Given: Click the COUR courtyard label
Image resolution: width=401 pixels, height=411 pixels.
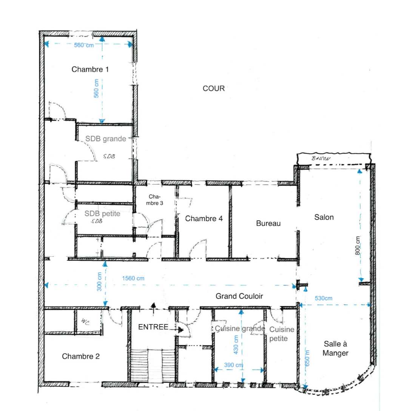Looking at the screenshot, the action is pyautogui.click(x=214, y=89).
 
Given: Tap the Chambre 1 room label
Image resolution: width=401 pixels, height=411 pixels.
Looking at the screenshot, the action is pyautogui.click(x=90, y=70).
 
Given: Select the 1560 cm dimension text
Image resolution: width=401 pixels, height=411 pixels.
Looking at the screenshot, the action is pyautogui.click(x=133, y=278).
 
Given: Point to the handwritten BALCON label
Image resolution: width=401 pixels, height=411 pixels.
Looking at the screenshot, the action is pyautogui.click(x=321, y=158).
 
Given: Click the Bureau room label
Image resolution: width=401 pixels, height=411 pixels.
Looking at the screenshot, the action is pyautogui.click(x=268, y=223).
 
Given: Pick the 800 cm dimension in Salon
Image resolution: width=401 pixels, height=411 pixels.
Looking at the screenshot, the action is pyautogui.click(x=358, y=246).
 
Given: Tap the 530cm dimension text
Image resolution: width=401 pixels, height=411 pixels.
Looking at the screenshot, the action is pyautogui.click(x=324, y=298).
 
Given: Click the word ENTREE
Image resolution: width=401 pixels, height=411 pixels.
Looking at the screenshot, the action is pyautogui.click(x=153, y=327).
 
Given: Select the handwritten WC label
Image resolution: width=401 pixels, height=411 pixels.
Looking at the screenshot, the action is pyautogui.click(x=85, y=321).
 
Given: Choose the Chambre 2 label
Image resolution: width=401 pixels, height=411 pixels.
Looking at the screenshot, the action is pyautogui.click(x=81, y=357).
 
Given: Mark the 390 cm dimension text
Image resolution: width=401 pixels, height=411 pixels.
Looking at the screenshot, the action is pyautogui.click(x=234, y=365).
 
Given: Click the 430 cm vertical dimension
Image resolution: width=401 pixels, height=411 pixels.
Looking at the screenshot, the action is pyautogui.click(x=236, y=345).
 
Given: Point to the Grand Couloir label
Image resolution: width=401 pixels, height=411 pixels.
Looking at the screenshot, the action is pyautogui.click(x=239, y=296).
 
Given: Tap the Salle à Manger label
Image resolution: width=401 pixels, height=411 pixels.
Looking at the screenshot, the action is pyautogui.click(x=336, y=348).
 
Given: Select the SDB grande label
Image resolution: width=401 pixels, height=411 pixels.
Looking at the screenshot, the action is pyautogui.click(x=106, y=139).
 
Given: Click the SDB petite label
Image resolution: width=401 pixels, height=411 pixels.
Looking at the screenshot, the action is pyautogui.click(x=102, y=214).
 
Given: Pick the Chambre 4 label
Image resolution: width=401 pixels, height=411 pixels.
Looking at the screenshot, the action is pyautogui.click(x=204, y=219).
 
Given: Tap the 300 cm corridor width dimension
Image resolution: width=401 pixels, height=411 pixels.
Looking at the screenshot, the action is pyautogui.click(x=99, y=282).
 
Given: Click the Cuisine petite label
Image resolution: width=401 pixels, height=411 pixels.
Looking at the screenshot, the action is pyautogui.click(x=282, y=334).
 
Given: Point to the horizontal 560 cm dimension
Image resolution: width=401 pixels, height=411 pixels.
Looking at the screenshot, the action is pyautogui.click(x=84, y=45).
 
